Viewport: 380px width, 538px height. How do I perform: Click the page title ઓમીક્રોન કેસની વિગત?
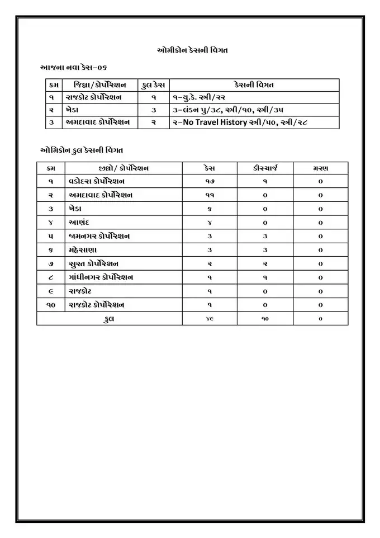(191, 50)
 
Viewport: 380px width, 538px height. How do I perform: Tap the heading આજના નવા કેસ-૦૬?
(73, 67)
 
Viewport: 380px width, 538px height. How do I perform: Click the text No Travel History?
(215, 122)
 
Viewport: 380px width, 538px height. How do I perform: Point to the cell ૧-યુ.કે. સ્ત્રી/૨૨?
(201, 97)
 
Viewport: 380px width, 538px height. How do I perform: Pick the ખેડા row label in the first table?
(74, 110)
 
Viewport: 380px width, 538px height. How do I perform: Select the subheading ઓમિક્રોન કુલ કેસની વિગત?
(82, 150)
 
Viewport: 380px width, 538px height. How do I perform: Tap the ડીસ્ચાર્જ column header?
(265, 168)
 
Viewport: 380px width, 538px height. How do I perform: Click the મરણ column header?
(320, 168)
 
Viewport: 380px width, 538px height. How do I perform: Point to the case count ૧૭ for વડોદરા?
(209, 182)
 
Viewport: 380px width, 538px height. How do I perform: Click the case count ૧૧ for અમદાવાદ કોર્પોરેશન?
(209, 195)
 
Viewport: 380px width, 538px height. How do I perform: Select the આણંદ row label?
(79, 223)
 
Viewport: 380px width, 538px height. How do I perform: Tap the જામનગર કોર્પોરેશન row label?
(99, 236)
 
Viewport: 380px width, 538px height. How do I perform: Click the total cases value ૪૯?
(209, 318)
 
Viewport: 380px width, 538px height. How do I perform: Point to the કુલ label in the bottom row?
(109, 318)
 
